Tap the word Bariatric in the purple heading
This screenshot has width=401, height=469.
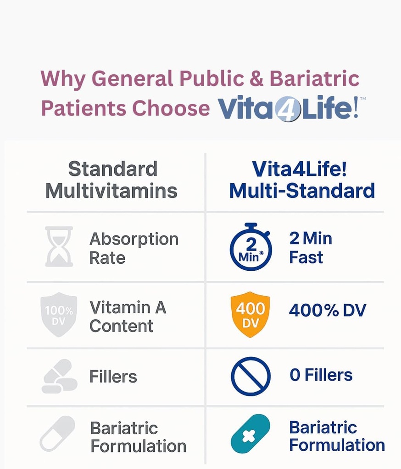[x=314, y=79]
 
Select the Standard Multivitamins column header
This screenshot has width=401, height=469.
[x=111, y=180]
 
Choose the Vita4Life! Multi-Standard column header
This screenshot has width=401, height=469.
[x=301, y=180]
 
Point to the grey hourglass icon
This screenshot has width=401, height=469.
[x=59, y=246]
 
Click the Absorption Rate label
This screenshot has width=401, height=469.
[x=134, y=248]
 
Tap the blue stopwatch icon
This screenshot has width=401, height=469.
[x=251, y=247]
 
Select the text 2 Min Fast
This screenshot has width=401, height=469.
[x=311, y=248]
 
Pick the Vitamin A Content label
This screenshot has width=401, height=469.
[x=128, y=316]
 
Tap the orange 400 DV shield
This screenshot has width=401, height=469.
[x=250, y=314]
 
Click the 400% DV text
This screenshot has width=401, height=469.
[x=327, y=311]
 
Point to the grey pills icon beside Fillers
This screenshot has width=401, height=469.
[x=59, y=376]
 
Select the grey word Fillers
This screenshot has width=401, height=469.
[x=113, y=376]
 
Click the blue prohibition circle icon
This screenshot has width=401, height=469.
[x=251, y=376]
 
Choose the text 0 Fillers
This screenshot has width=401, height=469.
[x=321, y=375]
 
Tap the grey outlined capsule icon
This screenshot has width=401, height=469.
[x=57, y=433]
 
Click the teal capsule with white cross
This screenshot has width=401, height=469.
[x=250, y=434]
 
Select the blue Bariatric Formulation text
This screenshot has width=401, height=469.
[x=336, y=436]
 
